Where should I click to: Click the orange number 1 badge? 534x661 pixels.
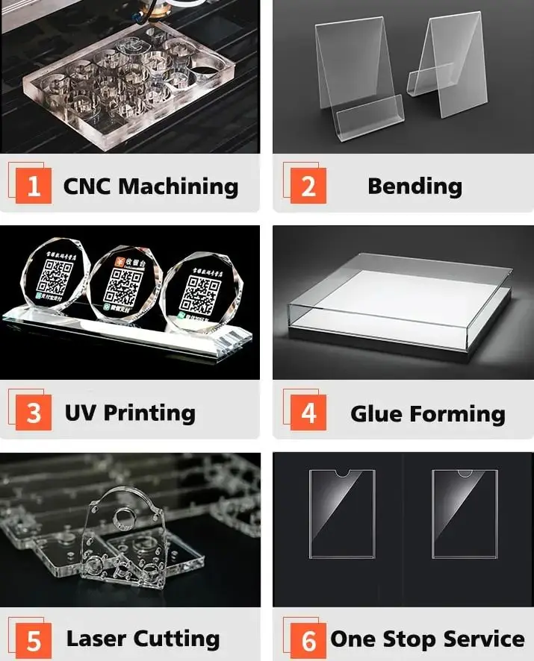click(x=34, y=187)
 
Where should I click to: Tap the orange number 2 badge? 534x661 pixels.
click(x=308, y=187)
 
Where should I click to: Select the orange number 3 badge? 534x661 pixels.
click(x=34, y=413)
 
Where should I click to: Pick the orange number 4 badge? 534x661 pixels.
click(x=308, y=413)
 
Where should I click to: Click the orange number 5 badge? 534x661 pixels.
click(x=34, y=640)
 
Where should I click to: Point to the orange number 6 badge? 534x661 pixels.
click(x=308, y=640)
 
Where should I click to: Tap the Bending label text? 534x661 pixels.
click(x=415, y=187)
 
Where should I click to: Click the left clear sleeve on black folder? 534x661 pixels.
click(x=342, y=513)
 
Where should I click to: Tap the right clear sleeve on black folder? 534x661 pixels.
click(x=465, y=513)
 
